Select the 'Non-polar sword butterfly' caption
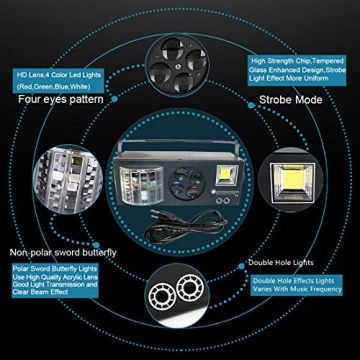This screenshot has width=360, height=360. pos(62,252)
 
